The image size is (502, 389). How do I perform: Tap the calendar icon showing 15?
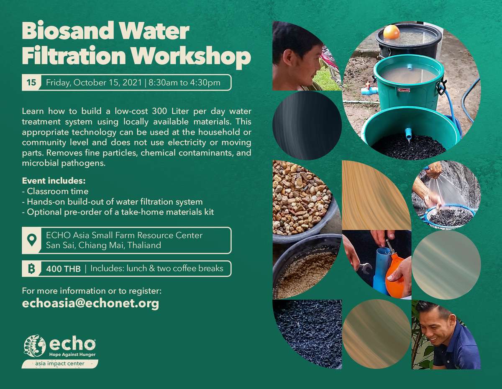pyautogui.click(x=32, y=83)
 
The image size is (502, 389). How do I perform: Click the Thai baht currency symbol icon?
pyautogui.click(x=32, y=269)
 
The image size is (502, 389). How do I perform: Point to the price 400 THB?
pyautogui.click(x=63, y=269)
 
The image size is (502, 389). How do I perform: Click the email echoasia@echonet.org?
pyautogui.click(x=90, y=303)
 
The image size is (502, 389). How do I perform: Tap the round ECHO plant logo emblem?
pyautogui.click(x=35, y=346)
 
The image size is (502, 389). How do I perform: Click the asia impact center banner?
pyautogui.click(x=60, y=363)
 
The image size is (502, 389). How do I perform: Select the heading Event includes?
pyautogui.click(x=54, y=181)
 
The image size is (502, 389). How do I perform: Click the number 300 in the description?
pyautogui.click(x=159, y=111)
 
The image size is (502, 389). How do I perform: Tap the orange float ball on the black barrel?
pyautogui.click(x=391, y=32)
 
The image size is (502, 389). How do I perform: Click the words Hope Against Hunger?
pyautogui.click(x=72, y=354)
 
